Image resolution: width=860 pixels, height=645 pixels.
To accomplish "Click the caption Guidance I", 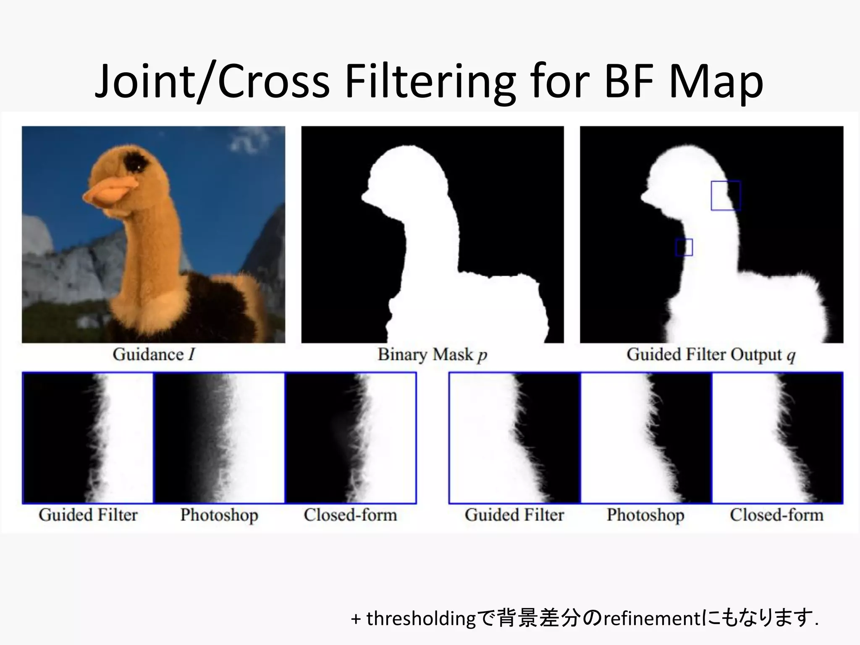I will tap(154, 355).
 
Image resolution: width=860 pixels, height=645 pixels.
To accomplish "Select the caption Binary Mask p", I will tap(432, 355).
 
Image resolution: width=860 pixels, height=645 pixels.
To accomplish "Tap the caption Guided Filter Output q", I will tap(711, 355).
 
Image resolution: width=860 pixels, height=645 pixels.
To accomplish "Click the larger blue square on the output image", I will tap(726, 196).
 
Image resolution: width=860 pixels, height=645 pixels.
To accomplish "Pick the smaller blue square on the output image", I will tap(684, 247).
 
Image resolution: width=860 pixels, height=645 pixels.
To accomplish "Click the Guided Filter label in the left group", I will tap(88, 515).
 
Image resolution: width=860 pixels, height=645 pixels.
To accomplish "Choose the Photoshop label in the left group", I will tap(219, 515).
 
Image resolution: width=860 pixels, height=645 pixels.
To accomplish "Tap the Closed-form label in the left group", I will tap(350, 515).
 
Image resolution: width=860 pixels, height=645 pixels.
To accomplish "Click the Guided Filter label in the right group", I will tap(514, 515).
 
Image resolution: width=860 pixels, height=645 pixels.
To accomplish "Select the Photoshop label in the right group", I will tap(645, 515).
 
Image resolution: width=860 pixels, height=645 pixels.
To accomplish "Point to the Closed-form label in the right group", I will tap(776, 515).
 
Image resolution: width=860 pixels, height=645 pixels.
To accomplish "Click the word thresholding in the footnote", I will tap(421, 619).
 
